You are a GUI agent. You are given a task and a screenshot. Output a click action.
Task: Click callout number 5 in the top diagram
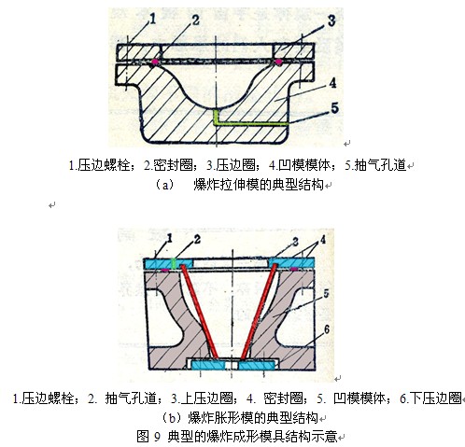click(x=334, y=108)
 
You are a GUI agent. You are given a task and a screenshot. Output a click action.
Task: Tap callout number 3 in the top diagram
click(x=331, y=21)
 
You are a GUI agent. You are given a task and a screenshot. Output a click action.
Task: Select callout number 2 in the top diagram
click(x=195, y=21)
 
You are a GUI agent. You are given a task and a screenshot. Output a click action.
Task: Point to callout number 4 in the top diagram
click(x=332, y=83)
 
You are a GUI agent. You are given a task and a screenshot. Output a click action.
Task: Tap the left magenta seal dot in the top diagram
click(x=154, y=62)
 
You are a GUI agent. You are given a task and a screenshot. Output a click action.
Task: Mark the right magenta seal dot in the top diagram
click(x=278, y=62)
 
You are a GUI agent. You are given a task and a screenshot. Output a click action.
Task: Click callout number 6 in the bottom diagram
click(x=327, y=329)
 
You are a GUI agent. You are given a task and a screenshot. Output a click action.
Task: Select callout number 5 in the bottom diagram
click(x=326, y=294)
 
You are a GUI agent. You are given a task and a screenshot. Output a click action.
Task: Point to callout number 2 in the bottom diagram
click(x=197, y=239)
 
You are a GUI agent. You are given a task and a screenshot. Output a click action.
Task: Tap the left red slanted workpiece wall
click(x=198, y=311)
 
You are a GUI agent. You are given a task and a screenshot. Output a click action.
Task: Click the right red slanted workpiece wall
click(x=259, y=311)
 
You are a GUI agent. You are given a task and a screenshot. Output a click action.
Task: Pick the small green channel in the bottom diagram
click(x=175, y=263)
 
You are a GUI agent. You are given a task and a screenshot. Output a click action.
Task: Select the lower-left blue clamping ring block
click(x=208, y=365)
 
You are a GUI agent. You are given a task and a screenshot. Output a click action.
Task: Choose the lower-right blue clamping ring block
click(x=257, y=365)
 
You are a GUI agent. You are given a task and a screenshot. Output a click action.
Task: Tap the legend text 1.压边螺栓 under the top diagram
click(x=99, y=165)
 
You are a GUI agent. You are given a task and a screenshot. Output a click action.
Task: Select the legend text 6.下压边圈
click(x=430, y=398)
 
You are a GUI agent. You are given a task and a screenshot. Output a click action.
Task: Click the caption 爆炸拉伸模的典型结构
click(x=259, y=185)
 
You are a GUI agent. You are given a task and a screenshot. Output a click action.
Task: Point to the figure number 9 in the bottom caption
click(x=157, y=437)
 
